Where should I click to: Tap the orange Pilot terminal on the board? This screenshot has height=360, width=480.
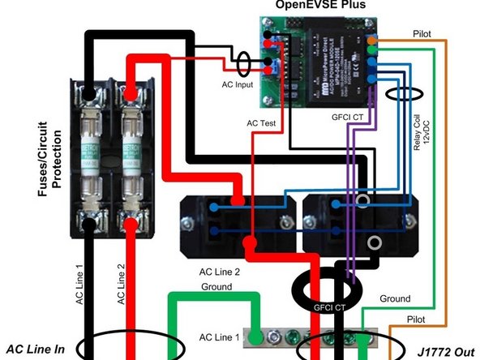click(371, 38)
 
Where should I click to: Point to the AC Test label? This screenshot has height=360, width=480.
click(262, 124)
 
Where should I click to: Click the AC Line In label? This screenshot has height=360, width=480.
click(36, 349)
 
